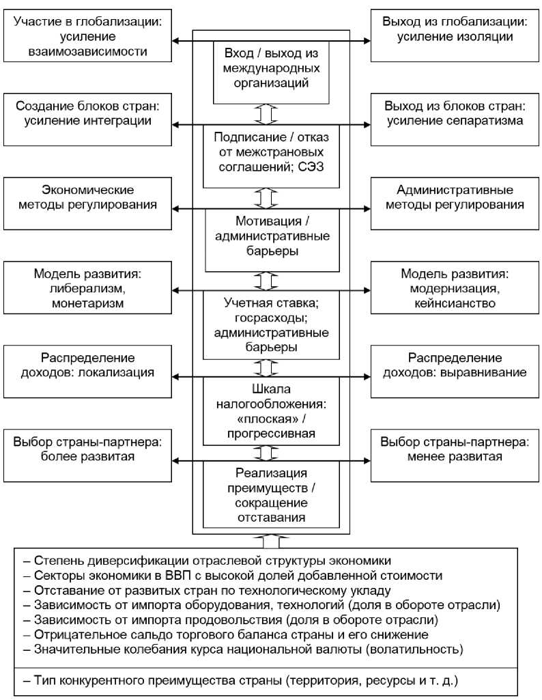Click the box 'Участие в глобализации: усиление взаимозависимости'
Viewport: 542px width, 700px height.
(x=87, y=36)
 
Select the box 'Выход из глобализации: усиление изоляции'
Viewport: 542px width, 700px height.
(x=455, y=36)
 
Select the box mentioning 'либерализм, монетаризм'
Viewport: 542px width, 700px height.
(x=87, y=288)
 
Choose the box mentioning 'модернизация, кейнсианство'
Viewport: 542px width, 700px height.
(x=455, y=288)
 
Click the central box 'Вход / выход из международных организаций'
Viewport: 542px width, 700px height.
(x=272, y=68)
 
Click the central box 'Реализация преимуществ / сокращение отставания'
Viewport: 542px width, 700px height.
(x=272, y=494)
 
